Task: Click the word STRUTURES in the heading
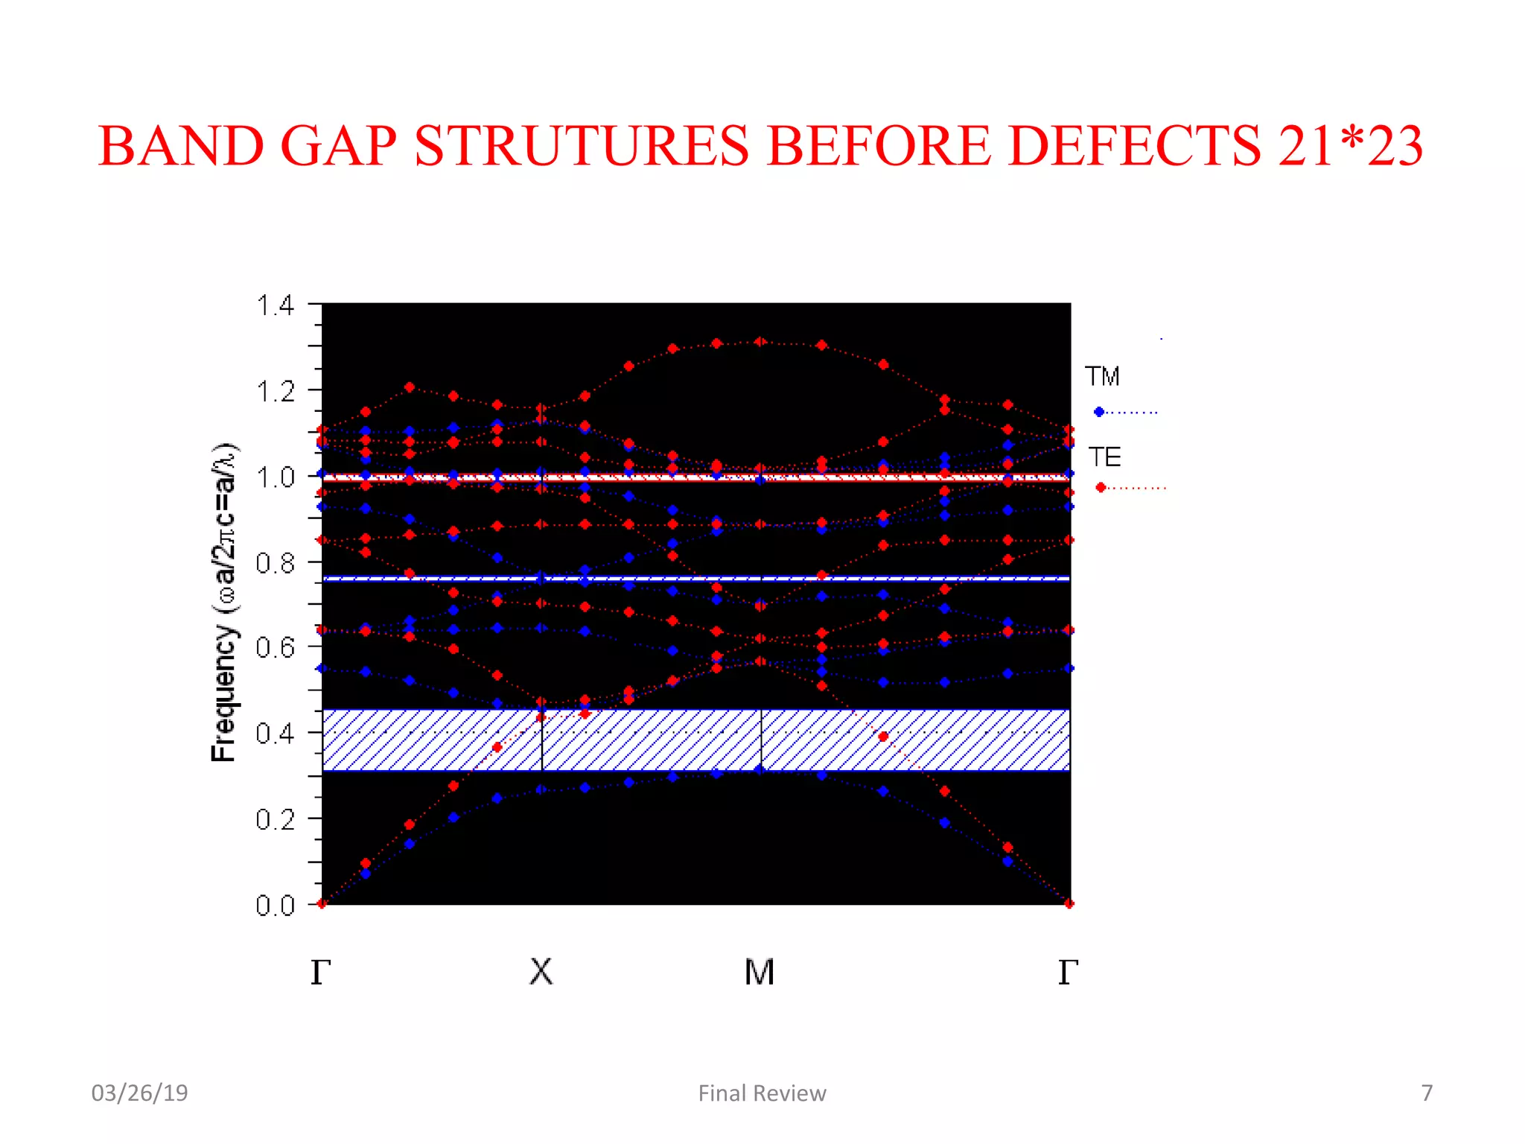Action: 581,146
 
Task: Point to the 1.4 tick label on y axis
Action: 276,305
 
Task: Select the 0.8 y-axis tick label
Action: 276,563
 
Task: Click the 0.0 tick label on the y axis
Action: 276,906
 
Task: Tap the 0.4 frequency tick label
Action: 276,734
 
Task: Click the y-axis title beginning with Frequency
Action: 223,603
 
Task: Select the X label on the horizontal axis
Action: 541,972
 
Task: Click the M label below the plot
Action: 760,972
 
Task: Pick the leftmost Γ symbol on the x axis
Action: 320,972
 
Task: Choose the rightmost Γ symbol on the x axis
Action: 1068,972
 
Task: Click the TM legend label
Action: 1102,377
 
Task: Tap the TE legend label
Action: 1104,457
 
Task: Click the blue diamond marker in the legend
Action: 1099,412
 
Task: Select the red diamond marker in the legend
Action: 1101,488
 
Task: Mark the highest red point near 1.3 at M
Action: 760,342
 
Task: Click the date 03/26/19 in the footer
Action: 139,1093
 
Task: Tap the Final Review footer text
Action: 762,1093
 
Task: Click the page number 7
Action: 1427,1093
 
